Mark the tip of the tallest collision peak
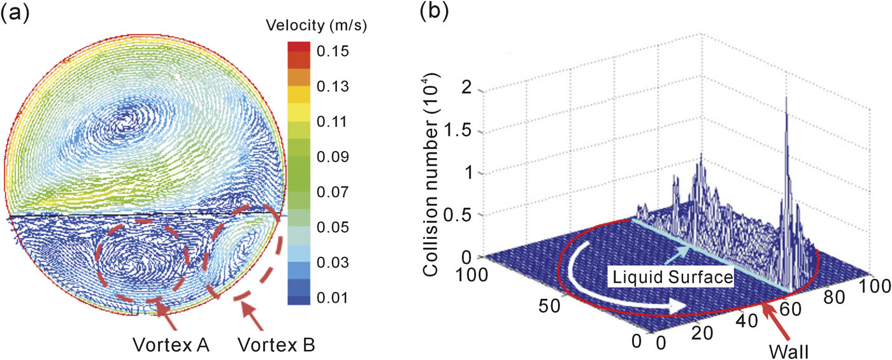[788, 97]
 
